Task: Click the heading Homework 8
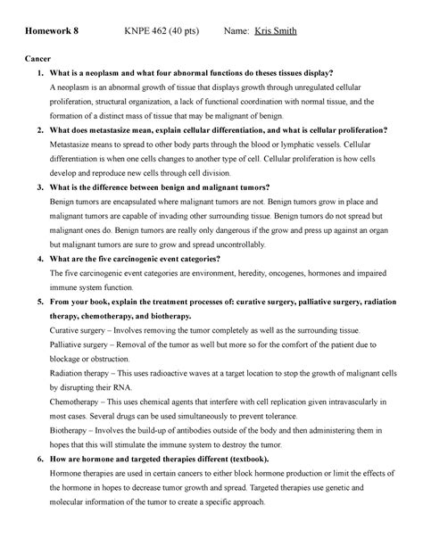51,32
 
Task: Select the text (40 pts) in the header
186,32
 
